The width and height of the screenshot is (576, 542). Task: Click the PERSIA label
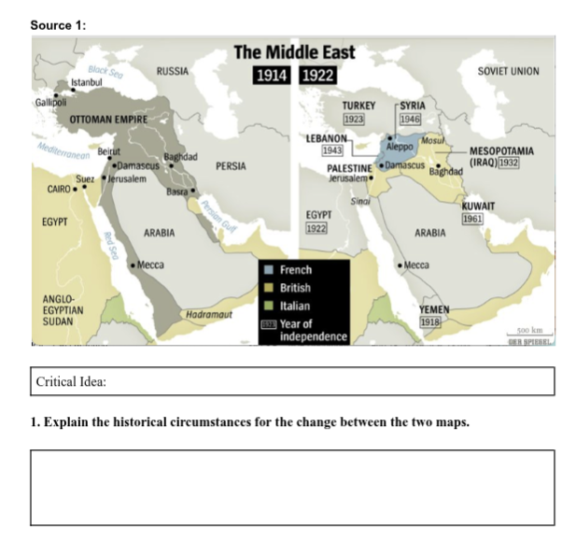point(230,166)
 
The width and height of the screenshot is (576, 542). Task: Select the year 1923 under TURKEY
point(355,120)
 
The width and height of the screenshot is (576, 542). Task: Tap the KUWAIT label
point(478,206)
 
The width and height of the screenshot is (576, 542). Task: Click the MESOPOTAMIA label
point(501,150)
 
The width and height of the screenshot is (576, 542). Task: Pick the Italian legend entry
point(295,306)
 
